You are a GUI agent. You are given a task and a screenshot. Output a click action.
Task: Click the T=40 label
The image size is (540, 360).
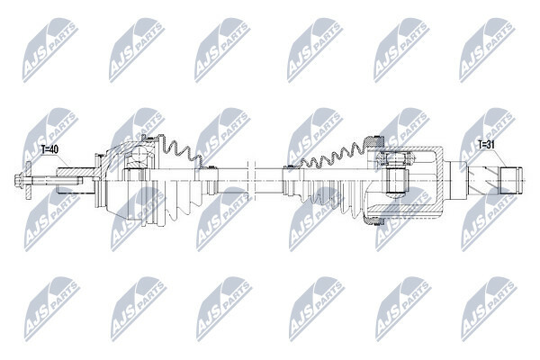49,149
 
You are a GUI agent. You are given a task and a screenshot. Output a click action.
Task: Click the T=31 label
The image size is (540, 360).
486,145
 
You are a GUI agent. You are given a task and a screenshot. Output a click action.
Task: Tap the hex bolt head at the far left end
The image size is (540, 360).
18,180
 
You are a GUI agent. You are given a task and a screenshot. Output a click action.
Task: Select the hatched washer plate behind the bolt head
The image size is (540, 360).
28,181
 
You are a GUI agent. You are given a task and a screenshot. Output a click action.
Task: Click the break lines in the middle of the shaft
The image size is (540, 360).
251,180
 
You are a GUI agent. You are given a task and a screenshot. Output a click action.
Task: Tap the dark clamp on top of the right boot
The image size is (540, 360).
374,141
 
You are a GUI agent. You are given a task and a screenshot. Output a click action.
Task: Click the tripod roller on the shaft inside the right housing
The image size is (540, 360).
395,180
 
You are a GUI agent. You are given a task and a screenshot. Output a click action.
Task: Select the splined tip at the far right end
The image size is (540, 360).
510,180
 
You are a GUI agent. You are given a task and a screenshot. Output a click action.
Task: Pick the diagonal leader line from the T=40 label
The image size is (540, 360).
65,161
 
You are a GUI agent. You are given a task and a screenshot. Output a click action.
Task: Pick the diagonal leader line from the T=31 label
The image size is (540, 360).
500,158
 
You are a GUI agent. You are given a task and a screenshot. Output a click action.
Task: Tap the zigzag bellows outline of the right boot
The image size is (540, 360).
331,154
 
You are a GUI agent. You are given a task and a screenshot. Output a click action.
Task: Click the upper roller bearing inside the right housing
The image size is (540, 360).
395,158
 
